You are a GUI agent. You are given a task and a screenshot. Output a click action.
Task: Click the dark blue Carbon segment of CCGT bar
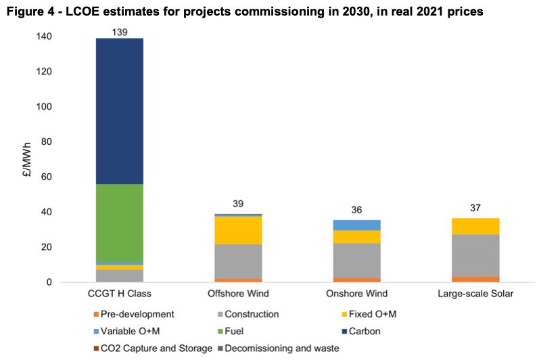120,111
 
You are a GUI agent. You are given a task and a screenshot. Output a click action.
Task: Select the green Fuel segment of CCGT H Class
120,223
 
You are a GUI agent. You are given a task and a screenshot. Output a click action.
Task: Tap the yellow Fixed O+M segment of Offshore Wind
238,230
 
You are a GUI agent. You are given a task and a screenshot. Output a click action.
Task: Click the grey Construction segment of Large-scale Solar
479,255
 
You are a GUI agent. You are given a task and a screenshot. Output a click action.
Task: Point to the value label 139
120,32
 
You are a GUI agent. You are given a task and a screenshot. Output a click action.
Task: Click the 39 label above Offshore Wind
238,204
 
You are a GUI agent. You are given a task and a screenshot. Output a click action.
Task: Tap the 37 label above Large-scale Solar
479,208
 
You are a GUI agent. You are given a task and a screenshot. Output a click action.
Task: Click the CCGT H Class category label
120,294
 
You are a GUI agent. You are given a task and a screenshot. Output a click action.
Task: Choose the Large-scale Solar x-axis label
479,294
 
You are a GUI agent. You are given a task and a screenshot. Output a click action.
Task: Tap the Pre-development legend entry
133,314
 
